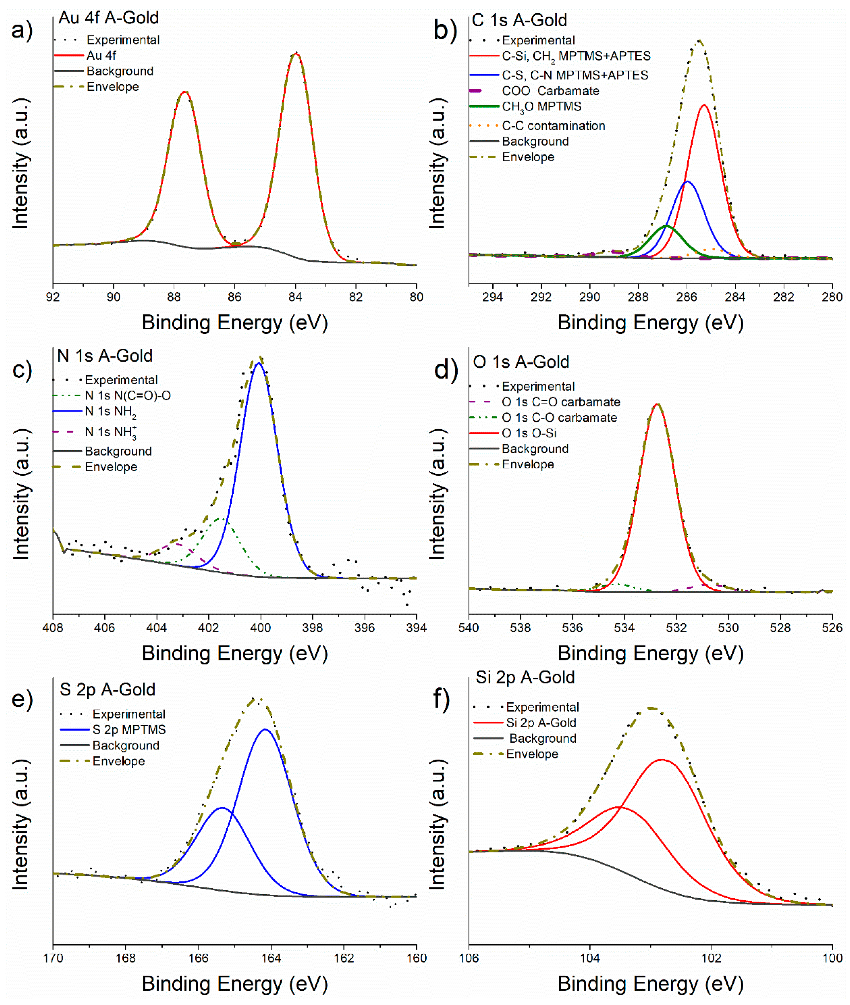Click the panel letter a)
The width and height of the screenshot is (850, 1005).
coord(22,30)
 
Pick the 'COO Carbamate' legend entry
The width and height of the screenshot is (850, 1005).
coord(550,91)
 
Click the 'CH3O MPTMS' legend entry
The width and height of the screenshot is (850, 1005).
coord(541,106)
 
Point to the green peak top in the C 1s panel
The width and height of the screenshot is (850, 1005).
coord(666,226)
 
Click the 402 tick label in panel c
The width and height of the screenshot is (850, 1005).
coord(208,628)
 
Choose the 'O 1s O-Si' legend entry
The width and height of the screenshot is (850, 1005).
coord(529,433)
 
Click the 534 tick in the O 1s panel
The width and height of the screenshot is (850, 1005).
coord(624,628)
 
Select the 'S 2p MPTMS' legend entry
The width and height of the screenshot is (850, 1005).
coord(129,730)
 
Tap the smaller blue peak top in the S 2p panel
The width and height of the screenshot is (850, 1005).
coord(221,808)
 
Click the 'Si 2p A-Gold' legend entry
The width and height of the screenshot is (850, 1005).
coord(541,723)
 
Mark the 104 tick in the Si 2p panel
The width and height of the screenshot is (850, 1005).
coord(590,958)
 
